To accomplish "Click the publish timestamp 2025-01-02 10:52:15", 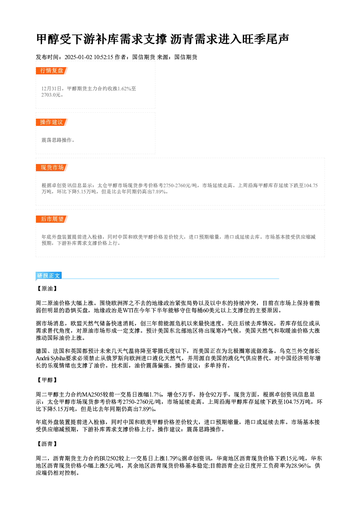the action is coord(89,57).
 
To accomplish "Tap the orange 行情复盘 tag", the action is coord(52,71).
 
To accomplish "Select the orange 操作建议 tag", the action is coord(52,122).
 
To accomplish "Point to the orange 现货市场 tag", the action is coord(52,168).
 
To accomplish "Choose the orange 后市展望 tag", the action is coord(52,219).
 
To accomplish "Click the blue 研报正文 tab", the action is coord(49,275).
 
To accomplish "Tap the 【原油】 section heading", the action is coord(47,288).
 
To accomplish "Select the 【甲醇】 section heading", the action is coord(47,380).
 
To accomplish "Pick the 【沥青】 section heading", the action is coord(47,444).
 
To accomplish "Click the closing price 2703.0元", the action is coord(51,95).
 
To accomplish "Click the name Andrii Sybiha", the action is coord(50,358).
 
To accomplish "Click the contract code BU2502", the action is coord(109,458).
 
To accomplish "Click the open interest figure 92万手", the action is coord(213,394).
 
